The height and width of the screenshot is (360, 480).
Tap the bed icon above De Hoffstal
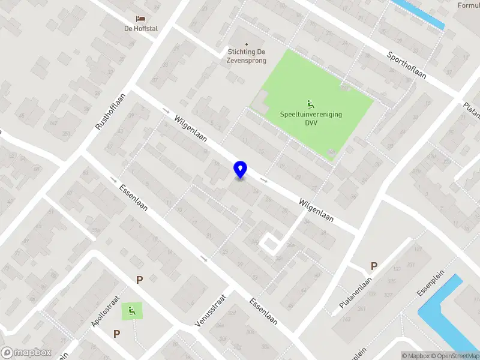[140, 19]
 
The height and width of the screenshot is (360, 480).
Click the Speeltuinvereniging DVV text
[310, 118]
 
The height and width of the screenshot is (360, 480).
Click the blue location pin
[241, 170]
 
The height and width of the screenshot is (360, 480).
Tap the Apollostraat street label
[105, 312]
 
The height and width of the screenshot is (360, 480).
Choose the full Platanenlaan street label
[356, 292]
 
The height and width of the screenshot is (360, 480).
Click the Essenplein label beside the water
[432, 287]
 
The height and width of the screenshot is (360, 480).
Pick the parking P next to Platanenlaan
[374, 266]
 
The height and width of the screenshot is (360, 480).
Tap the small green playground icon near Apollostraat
[131, 310]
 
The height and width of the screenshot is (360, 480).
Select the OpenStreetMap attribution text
[455, 356]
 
